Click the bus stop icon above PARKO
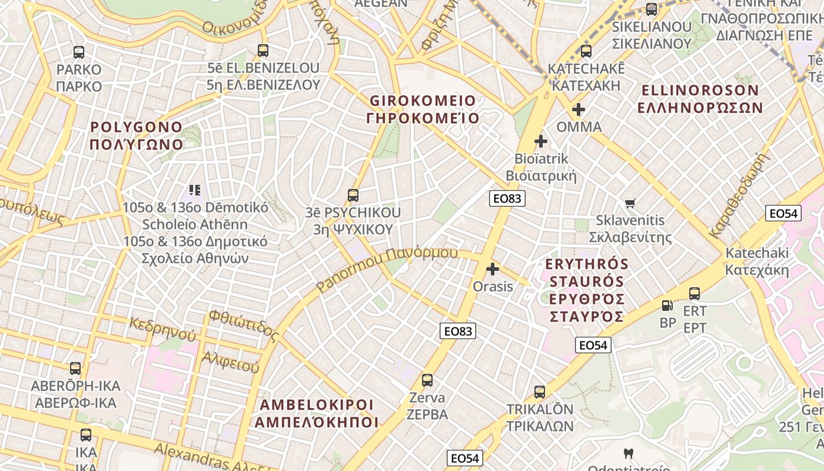click(x=79, y=52)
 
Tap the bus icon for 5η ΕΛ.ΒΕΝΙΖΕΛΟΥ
click(x=263, y=51)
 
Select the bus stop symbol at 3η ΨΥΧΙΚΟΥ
click(x=353, y=195)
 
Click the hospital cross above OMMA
click(x=579, y=110)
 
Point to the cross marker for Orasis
click(x=493, y=270)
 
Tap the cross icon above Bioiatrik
click(x=540, y=141)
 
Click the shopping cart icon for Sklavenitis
click(x=630, y=204)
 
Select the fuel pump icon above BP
click(x=667, y=306)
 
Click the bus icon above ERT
click(x=695, y=293)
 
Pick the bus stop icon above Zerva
click(x=427, y=380)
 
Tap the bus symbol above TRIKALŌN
click(x=540, y=392)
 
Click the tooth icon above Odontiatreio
click(x=628, y=453)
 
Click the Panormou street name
click(x=387, y=269)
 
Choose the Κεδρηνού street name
click(x=163, y=330)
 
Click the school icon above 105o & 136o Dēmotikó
click(x=195, y=190)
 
